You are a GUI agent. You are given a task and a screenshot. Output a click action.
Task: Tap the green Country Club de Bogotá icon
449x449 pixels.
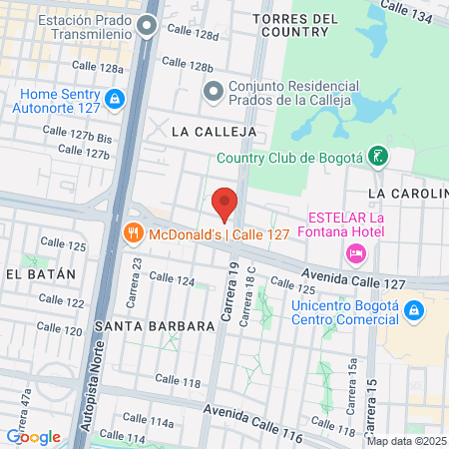pyautogui.click(x=377, y=156)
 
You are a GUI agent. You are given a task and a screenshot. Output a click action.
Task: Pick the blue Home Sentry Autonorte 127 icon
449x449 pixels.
pyautogui.click(x=117, y=99)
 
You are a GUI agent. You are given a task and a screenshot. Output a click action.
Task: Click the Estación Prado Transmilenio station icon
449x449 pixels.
pyautogui.click(x=148, y=27)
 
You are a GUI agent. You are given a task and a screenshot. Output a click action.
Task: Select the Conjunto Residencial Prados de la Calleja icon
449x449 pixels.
pyautogui.click(x=213, y=92)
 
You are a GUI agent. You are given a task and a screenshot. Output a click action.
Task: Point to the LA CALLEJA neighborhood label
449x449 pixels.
pyautogui.click(x=214, y=131)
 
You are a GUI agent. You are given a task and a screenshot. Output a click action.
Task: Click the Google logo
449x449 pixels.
pyautogui.click(x=33, y=436)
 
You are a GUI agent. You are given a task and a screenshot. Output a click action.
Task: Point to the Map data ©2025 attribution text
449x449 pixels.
pyautogui.click(x=405, y=440)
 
